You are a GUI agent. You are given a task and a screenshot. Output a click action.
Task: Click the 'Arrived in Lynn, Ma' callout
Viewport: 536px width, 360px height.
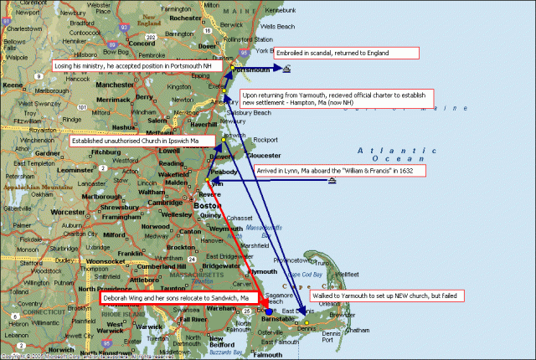tap(338, 171)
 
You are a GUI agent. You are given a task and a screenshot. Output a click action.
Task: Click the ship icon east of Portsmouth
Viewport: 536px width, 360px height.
tap(286, 69)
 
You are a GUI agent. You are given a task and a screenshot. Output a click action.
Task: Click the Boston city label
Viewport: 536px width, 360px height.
tap(206, 205)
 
